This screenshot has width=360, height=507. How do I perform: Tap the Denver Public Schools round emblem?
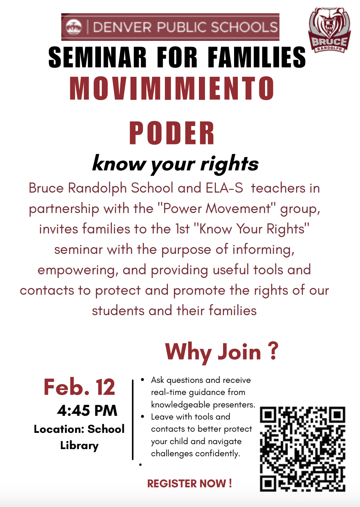coord(73,27)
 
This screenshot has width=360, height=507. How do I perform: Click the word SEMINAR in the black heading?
coord(97,58)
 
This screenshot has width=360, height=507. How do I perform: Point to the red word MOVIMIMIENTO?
coord(172,89)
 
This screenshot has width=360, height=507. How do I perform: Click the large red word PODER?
coord(172,133)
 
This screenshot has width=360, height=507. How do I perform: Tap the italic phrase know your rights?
coord(175,164)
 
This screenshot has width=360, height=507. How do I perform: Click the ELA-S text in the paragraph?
coord(224,188)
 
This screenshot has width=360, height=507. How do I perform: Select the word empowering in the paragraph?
coord(78,270)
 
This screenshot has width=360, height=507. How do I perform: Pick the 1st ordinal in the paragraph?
coord(182,229)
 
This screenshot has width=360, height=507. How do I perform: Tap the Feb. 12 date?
coord(79,387)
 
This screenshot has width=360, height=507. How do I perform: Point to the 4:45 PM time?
coord(87,411)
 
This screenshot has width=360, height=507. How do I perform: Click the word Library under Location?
coord(79,445)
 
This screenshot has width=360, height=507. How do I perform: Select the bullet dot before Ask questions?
coord(142,379)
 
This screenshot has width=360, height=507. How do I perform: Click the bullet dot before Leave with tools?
coord(142,417)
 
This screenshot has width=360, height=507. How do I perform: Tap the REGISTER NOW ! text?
coord(189,484)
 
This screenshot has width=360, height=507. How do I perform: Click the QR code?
coord(303,449)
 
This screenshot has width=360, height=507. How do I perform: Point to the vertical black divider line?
coord(133,420)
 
